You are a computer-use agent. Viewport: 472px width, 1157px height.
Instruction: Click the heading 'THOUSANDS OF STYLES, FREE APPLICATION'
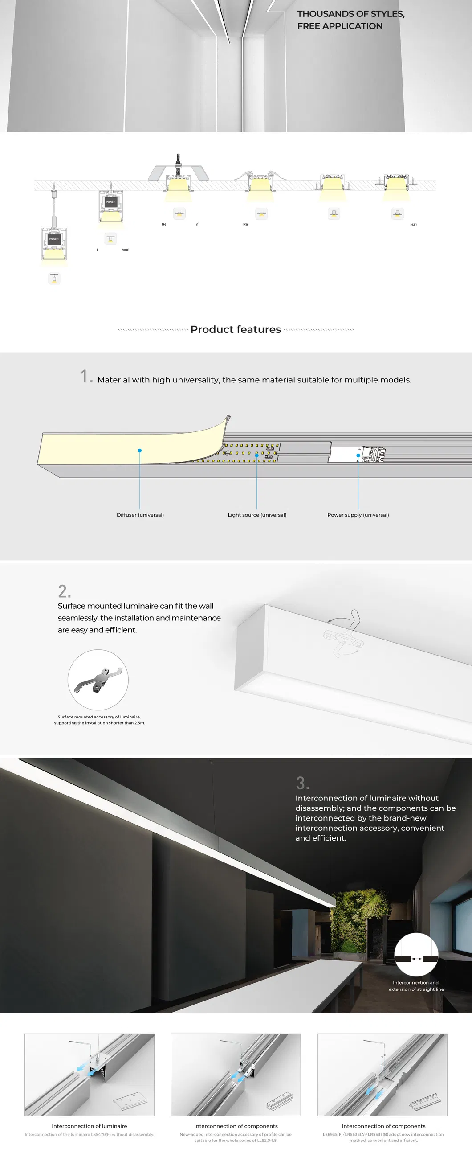[x=350, y=20]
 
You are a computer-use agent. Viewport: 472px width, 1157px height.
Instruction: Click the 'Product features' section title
[x=236, y=329]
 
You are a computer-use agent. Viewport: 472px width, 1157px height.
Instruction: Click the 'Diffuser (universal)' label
[x=140, y=515]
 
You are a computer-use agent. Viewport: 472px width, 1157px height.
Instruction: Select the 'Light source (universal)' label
[x=256, y=515]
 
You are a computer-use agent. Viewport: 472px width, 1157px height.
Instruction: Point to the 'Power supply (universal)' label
[x=358, y=515]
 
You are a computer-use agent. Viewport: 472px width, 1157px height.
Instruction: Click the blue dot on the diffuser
[x=140, y=451]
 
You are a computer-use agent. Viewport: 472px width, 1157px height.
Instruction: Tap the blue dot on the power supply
[x=358, y=455]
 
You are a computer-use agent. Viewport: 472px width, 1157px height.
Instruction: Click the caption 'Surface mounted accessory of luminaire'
[x=99, y=717]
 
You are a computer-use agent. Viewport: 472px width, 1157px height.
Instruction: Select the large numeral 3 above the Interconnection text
[x=301, y=784]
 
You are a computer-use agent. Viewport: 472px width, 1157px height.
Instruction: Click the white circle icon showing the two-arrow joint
[x=416, y=954]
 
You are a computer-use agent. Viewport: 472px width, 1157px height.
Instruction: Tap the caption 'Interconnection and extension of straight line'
[x=416, y=986]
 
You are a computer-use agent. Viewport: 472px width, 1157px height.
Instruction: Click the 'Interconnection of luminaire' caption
[x=90, y=1126]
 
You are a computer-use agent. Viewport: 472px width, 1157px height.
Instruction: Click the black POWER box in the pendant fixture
[x=54, y=239]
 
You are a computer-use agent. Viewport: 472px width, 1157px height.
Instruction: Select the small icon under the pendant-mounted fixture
[x=54, y=279]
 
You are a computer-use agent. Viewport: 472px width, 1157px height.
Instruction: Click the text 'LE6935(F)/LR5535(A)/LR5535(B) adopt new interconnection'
[x=383, y=1135]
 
